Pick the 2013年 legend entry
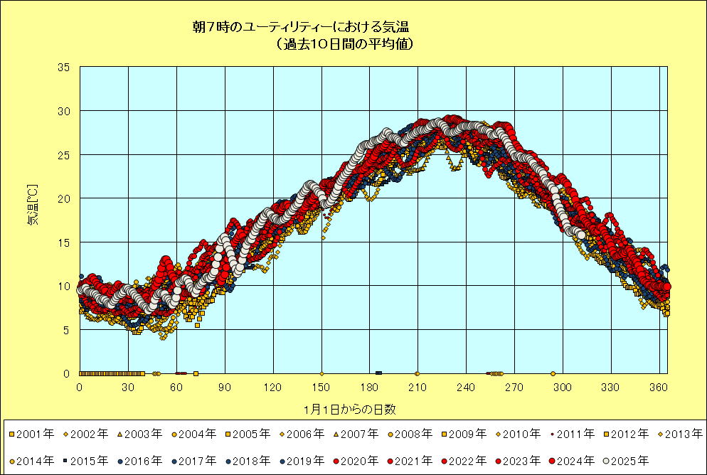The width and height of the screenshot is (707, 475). [682, 433]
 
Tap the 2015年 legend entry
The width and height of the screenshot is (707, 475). [88, 461]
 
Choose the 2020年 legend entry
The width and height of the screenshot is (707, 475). [358, 461]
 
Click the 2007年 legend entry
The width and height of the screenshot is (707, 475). [358, 433]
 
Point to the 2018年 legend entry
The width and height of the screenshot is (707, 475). [250, 461]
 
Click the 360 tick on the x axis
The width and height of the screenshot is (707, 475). [659, 387]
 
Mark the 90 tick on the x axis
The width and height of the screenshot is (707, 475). [225, 387]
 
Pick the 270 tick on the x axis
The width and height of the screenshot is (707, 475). [514, 387]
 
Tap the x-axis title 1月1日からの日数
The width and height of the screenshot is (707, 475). [349, 409]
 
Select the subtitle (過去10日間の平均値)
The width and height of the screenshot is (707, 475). [343, 44]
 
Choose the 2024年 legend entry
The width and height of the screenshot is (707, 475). [575, 461]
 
